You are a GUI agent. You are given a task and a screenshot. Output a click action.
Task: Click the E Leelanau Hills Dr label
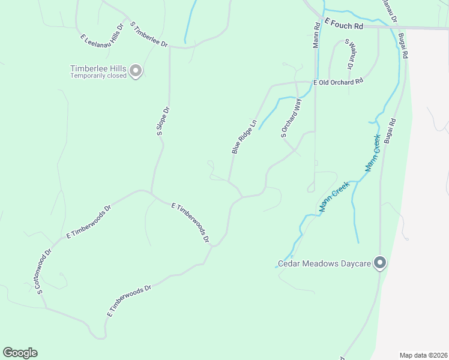[102, 32]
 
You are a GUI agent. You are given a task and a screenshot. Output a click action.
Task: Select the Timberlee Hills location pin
[136, 71]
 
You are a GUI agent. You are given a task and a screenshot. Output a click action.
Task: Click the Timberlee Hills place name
[98, 68]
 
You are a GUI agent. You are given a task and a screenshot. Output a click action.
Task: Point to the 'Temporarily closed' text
[98, 76]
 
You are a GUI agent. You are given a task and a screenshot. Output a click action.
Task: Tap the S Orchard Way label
[291, 118]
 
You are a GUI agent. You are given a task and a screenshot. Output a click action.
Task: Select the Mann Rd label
[316, 36]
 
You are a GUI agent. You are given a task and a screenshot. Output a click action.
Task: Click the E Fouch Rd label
[345, 25]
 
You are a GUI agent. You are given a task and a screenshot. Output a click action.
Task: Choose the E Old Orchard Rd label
[339, 82]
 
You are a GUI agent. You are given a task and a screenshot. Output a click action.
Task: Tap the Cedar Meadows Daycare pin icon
[379, 262]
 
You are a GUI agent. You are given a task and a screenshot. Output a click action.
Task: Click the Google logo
[20, 353]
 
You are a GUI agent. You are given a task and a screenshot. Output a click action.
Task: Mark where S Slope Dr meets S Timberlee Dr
[170, 46]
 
